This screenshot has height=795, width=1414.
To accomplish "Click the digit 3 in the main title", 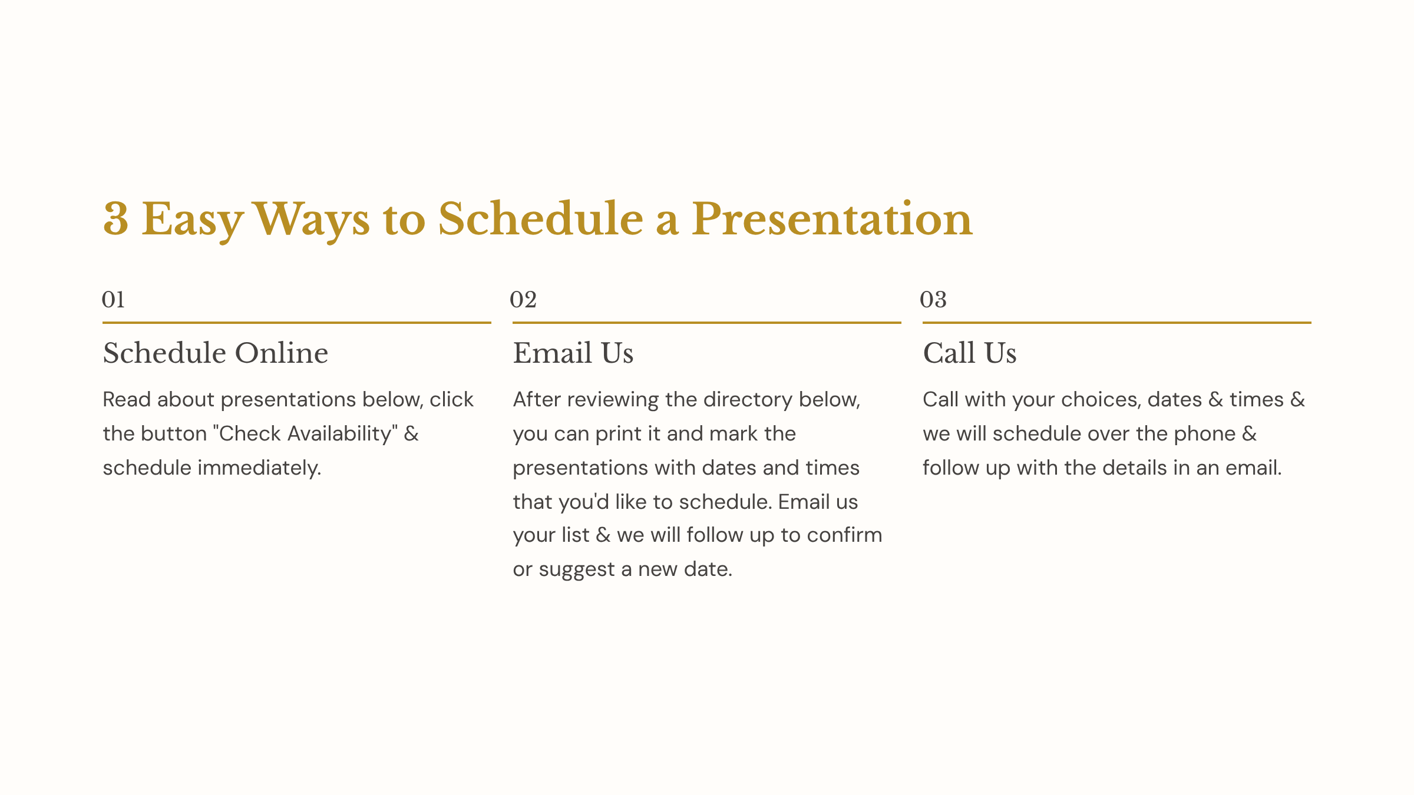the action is tap(115, 219).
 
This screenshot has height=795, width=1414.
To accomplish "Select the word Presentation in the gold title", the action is tap(832, 219).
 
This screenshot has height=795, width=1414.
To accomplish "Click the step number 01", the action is tap(113, 299).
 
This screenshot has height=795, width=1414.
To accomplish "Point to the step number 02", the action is tap(523, 299).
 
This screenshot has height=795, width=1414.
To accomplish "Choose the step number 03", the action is tap(933, 299).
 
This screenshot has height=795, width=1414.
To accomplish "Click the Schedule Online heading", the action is tap(216, 353).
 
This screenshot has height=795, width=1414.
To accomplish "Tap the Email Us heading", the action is tap(573, 353).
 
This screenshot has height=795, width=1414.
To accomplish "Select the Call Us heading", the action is tap(970, 353).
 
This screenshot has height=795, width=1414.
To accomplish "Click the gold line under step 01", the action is tap(297, 323).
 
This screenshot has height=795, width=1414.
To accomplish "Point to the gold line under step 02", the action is tap(707, 323).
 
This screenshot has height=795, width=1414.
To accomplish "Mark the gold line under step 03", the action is tap(1117, 323).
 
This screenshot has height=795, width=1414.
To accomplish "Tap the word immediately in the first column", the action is tap(259, 468).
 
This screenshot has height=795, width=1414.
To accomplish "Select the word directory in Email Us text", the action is tap(748, 400).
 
